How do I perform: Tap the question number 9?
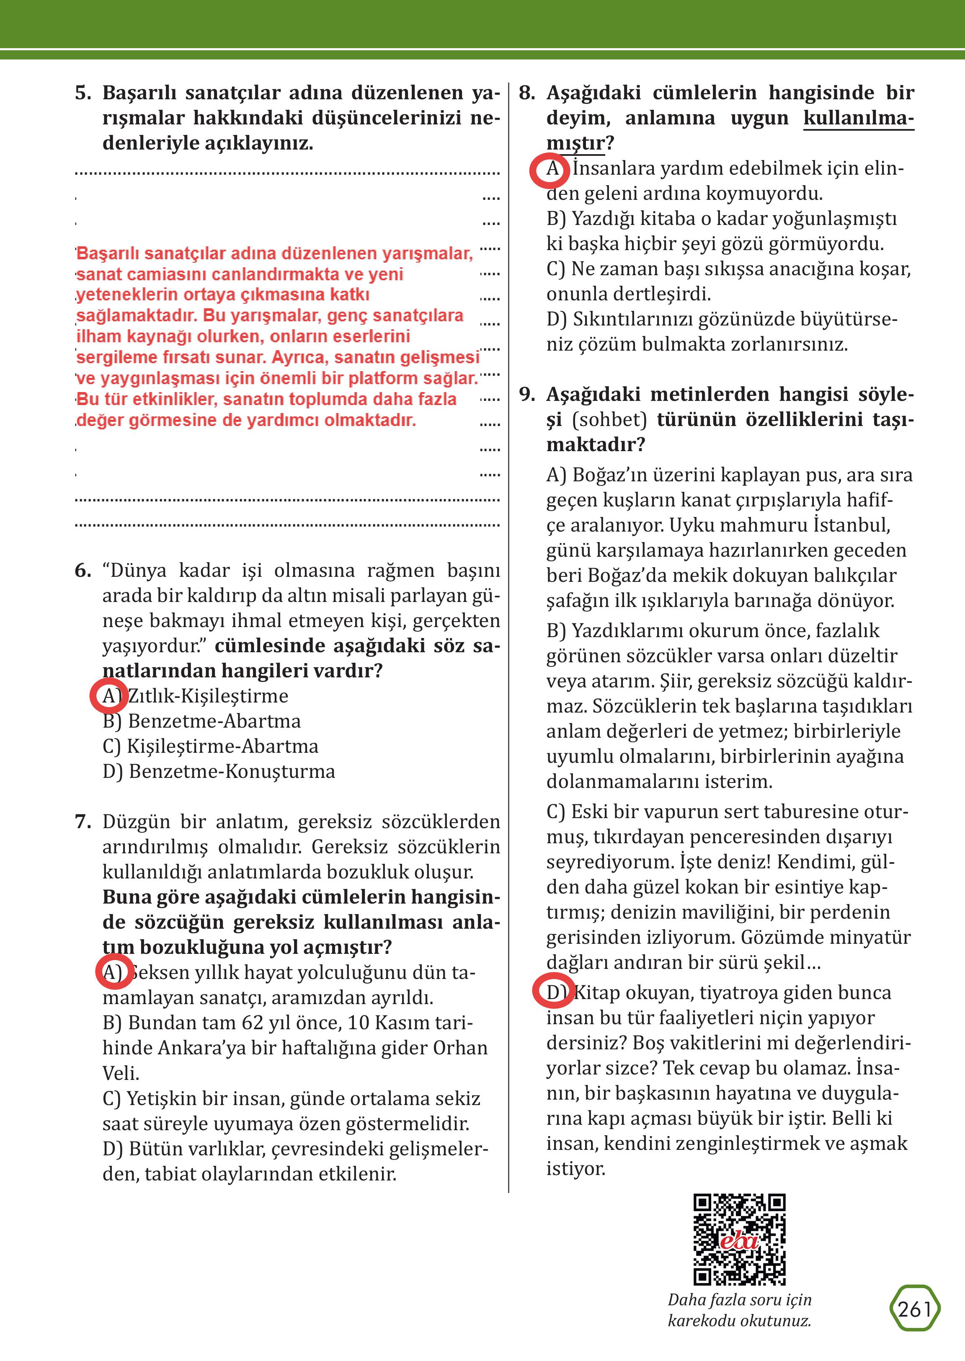(527, 395)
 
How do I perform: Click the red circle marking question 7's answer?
(114, 972)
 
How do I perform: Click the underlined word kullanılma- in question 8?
(858, 118)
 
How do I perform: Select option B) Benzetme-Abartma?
(201, 721)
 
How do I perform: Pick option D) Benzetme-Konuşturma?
(219, 772)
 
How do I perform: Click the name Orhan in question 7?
(460, 1048)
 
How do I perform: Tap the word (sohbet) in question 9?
(609, 420)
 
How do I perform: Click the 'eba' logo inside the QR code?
(739, 1242)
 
